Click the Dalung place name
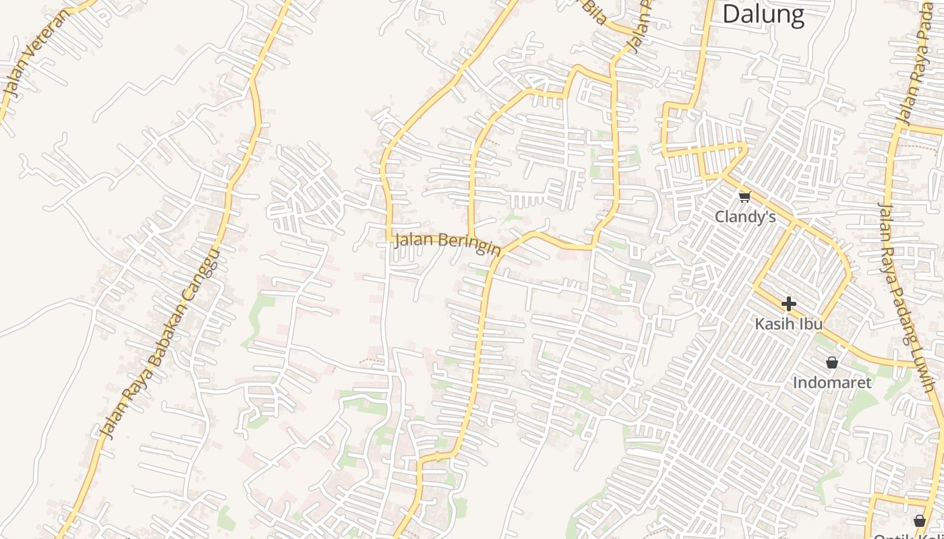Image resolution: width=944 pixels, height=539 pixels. coord(763,14)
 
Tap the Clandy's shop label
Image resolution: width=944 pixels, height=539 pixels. coord(745,217)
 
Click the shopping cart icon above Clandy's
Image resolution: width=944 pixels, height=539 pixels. coord(744,197)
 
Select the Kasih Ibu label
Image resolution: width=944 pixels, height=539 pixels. coord(788,324)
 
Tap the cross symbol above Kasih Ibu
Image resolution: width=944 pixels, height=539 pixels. coord(788,304)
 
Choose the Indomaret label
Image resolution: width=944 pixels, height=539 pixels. coord(831,383)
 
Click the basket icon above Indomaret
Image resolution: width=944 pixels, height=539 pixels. coord(832,362)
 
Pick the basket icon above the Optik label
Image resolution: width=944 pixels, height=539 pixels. coord(919,520)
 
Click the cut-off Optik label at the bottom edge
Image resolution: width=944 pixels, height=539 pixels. coord(917,536)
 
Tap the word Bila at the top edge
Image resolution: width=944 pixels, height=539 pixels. coord(594,11)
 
